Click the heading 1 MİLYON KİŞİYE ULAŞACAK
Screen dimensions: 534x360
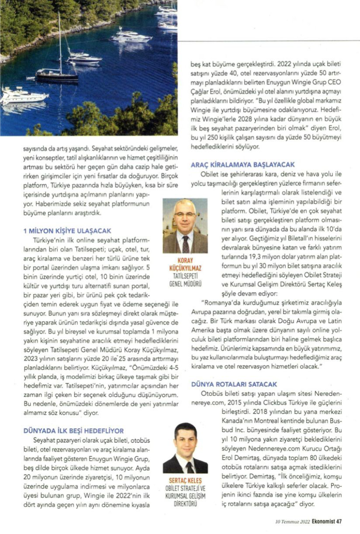(67, 231)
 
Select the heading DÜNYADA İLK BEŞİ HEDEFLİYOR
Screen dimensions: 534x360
(73, 430)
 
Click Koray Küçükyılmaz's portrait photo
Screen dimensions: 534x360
(185, 226)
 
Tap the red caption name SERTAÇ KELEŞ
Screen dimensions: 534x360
(185, 480)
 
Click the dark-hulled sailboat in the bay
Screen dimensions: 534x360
(57, 76)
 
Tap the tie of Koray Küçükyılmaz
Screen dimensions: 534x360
(186, 244)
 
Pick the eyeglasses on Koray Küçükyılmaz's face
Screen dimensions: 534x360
(185, 214)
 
